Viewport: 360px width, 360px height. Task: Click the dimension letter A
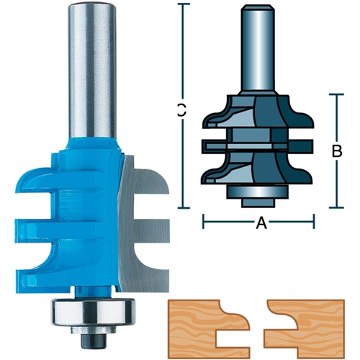pyautogui.click(x=261, y=222)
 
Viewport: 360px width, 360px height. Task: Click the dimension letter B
pyautogui.click(x=337, y=151)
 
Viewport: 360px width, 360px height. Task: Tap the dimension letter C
pyautogui.click(x=182, y=110)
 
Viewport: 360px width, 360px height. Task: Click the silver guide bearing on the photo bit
pyautogui.click(x=92, y=311)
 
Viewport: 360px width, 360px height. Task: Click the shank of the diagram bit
pyautogui.click(x=258, y=48)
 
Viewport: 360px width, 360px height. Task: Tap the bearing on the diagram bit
pyautogui.click(x=258, y=192)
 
